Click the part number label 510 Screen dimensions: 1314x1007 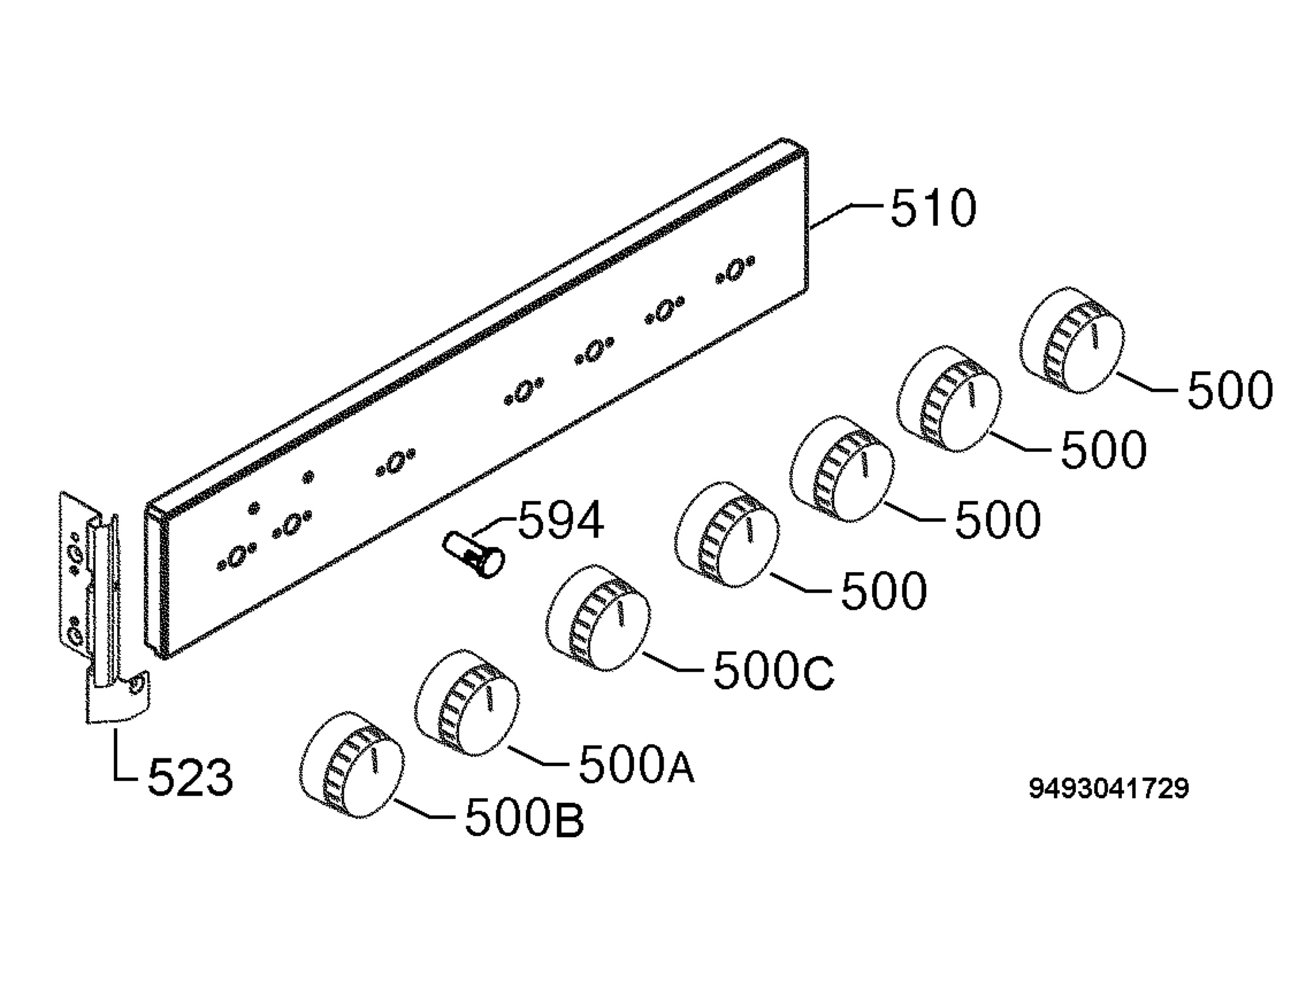(933, 208)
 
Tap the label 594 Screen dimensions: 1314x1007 (561, 520)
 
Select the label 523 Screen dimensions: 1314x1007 (190, 778)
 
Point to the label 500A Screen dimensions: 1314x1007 (636, 765)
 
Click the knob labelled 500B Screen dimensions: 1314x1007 (351, 765)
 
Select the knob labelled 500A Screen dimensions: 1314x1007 (468, 703)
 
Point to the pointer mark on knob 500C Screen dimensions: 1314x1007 (621, 614)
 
